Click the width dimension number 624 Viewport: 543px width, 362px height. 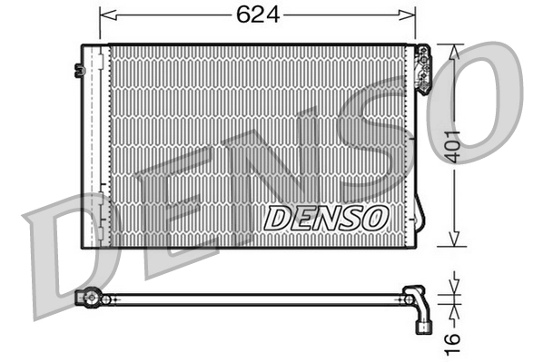point(256,15)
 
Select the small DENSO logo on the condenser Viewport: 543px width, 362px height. point(326,217)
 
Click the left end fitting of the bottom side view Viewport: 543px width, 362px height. point(88,297)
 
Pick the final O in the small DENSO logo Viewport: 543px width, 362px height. point(377,217)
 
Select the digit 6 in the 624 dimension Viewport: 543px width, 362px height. point(243,15)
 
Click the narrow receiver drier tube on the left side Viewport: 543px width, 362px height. point(94,145)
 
